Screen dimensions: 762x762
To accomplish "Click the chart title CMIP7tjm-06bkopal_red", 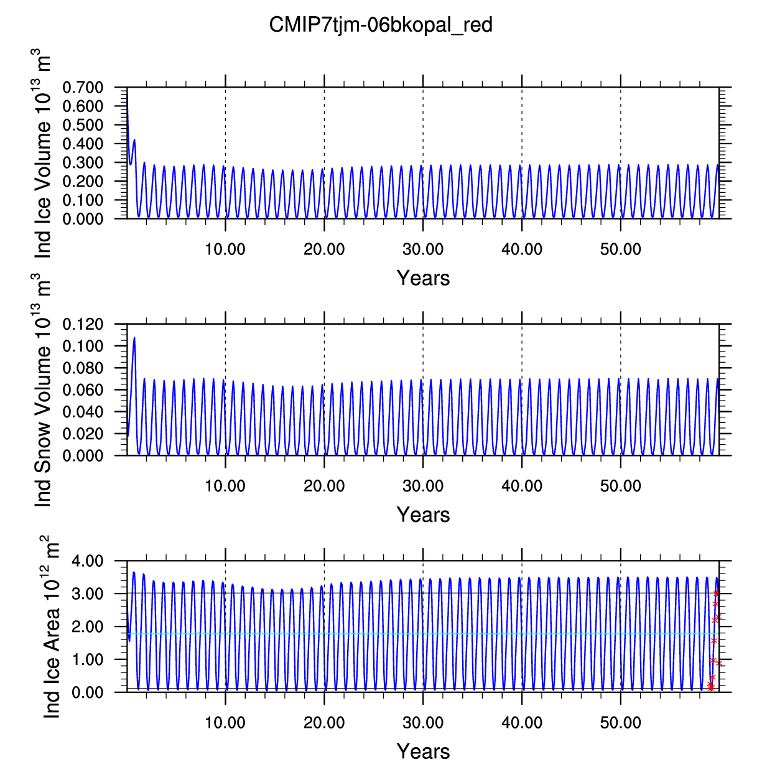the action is click(x=381, y=25).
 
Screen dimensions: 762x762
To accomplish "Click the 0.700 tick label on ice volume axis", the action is click(x=83, y=87).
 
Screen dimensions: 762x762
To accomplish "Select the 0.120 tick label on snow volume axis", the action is click(x=83, y=324).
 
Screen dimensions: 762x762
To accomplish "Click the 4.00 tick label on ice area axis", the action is click(x=87, y=560).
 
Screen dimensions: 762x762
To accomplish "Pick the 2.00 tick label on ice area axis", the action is click(x=87, y=626).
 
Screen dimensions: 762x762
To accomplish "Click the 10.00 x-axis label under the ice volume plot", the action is click(x=225, y=249).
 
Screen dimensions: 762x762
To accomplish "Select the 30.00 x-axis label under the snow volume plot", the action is click(x=423, y=486).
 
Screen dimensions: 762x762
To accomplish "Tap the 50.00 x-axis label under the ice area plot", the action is click(x=620, y=722).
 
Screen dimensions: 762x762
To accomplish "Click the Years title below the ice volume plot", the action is click(x=423, y=278).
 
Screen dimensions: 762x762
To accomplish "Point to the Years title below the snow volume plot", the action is click(x=423, y=514).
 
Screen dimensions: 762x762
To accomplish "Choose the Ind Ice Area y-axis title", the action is click(x=50, y=627).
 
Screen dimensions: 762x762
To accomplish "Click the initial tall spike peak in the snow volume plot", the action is click(x=134, y=337).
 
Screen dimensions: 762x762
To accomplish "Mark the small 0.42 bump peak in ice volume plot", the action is click(x=134, y=139).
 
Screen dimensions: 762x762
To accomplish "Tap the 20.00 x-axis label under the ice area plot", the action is click(x=324, y=722).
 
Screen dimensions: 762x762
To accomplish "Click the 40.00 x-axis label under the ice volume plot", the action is click(x=521, y=249).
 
